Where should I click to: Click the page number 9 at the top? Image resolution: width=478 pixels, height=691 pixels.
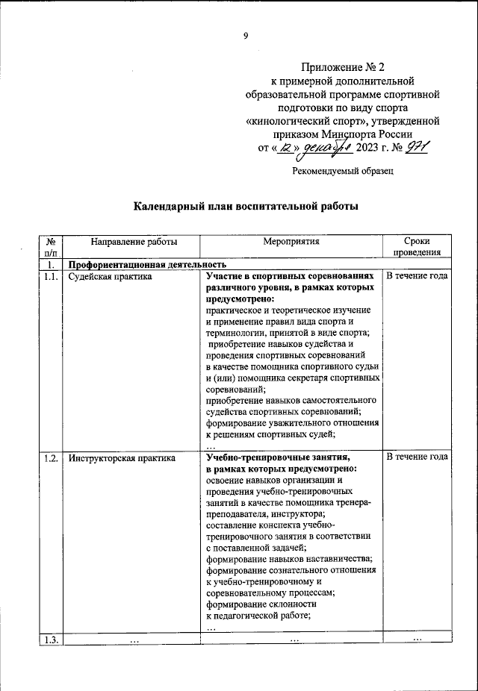245,34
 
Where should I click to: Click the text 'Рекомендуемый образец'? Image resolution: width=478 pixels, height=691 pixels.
342,171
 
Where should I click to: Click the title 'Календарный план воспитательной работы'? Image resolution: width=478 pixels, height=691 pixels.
246,207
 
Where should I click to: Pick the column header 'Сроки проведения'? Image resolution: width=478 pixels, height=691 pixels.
417,248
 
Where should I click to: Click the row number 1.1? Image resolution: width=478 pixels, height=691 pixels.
51,277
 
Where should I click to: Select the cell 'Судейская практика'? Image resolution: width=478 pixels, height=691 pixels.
110,277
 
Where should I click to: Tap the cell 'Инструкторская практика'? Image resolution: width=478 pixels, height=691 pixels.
122,457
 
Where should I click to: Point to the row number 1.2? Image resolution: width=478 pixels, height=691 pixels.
51,457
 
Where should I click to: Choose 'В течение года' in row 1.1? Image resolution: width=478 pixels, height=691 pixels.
417,277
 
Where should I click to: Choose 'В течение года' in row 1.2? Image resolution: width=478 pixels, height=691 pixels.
417,457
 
